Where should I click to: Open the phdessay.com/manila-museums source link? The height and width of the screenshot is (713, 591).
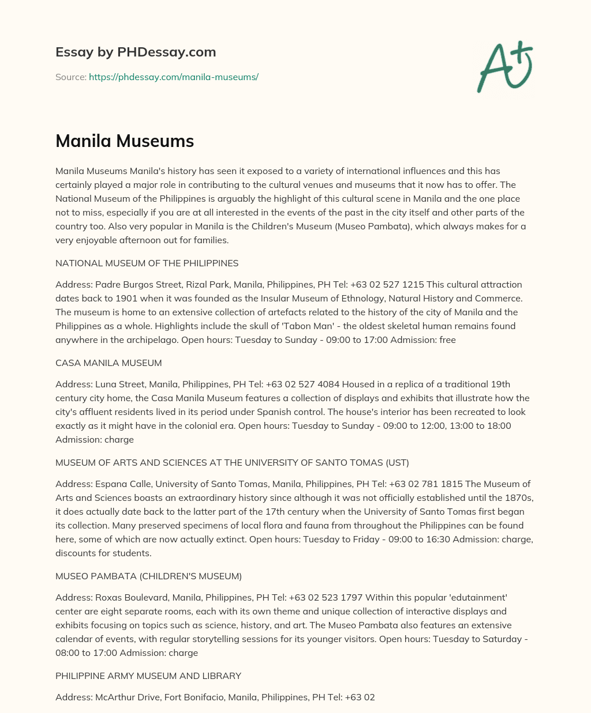(x=173, y=77)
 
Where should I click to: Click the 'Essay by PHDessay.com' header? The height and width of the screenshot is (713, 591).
(x=136, y=52)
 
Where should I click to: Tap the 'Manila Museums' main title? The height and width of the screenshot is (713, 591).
(x=125, y=141)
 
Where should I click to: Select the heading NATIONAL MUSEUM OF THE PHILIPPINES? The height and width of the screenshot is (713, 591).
(x=147, y=263)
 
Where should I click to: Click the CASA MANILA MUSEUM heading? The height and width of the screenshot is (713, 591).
(x=109, y=363)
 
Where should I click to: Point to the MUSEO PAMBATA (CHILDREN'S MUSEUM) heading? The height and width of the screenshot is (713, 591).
(x=148, y=576)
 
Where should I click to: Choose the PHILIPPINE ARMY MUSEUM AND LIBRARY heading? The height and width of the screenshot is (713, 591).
(x=148, y=676)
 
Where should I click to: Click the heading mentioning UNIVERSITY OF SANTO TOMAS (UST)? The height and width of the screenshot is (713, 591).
(x=232, y=462)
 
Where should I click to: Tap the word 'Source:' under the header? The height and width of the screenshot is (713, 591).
(x=70, y=77)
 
